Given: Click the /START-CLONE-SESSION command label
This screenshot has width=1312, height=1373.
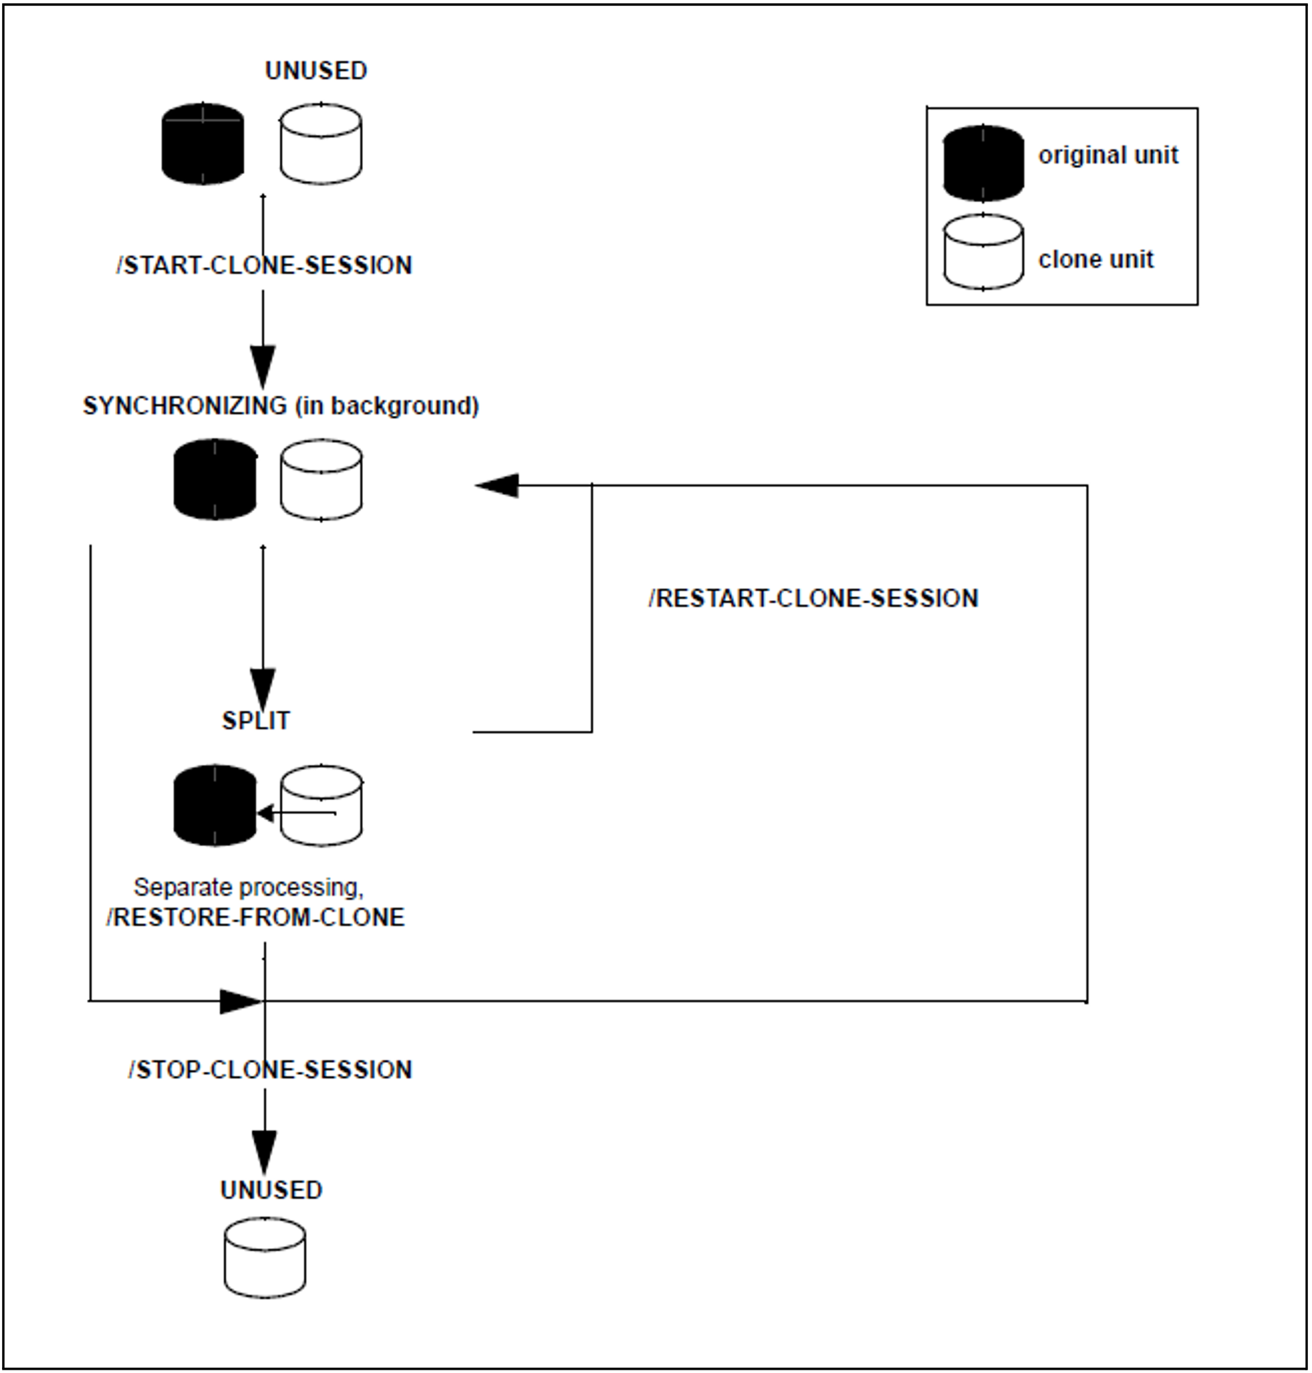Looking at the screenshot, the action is coord(265,266).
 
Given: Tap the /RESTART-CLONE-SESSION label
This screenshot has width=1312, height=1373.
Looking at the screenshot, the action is coord(813,599).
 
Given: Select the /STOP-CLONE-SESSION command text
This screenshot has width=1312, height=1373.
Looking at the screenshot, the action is coord(270,1069).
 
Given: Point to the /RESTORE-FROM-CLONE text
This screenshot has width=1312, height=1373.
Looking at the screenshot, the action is coord(255,918).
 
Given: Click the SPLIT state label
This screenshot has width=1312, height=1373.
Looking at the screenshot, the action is coord(256,721).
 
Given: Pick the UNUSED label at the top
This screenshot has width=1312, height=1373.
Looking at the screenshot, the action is coord(316,71).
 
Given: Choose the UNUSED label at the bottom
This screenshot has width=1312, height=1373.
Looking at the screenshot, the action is coord(271,1190).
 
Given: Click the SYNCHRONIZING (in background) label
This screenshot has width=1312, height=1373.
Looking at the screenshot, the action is coord(281,406).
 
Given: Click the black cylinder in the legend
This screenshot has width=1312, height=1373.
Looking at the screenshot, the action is coord(983,163).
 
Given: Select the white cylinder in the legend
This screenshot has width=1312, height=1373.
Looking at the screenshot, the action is coord(983,252).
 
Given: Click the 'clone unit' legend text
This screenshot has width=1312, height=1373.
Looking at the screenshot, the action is coord(1095,259).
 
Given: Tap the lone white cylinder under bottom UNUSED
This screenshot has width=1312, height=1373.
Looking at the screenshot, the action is coord(265,1258).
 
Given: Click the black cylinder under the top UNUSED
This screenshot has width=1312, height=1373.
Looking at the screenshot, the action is coord(203,144).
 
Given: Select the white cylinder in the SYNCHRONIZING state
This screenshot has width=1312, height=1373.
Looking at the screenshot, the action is coord(321,480).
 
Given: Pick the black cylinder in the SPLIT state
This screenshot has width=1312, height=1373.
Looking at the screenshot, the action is coord(215,805).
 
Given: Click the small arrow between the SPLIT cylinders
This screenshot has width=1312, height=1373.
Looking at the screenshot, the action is coord(297,813).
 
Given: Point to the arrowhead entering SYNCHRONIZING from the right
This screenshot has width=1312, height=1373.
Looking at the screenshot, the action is coord(497,486).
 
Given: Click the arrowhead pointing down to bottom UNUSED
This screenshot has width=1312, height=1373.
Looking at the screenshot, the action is coord(265,1152).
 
